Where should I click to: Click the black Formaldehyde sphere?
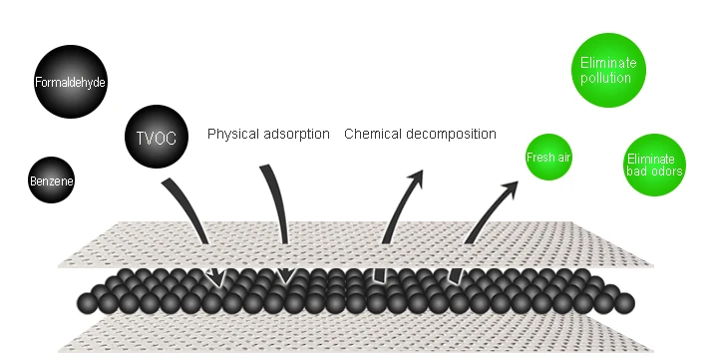click(x=71, y=82)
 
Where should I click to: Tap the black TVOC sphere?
click(x=157, y=137)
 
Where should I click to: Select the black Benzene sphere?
click(x=51, y=180)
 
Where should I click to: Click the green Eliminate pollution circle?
click(x=608, y=70)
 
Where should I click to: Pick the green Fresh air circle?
click(x=548, y=157)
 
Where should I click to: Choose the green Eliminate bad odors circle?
click(x=654, y=165)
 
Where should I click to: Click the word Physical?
click(x=233, y=135)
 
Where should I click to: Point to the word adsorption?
click(x=296, y=135)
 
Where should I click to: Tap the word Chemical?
click(x=373, y=134)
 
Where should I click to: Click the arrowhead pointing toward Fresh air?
click(x=510, y=188)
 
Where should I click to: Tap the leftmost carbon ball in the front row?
click(x=88, y=303)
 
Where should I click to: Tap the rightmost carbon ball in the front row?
click(x=624, y=303)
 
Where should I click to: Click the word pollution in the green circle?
click(x=606, y=78)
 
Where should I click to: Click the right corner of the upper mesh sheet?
click(x=653, y=265)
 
